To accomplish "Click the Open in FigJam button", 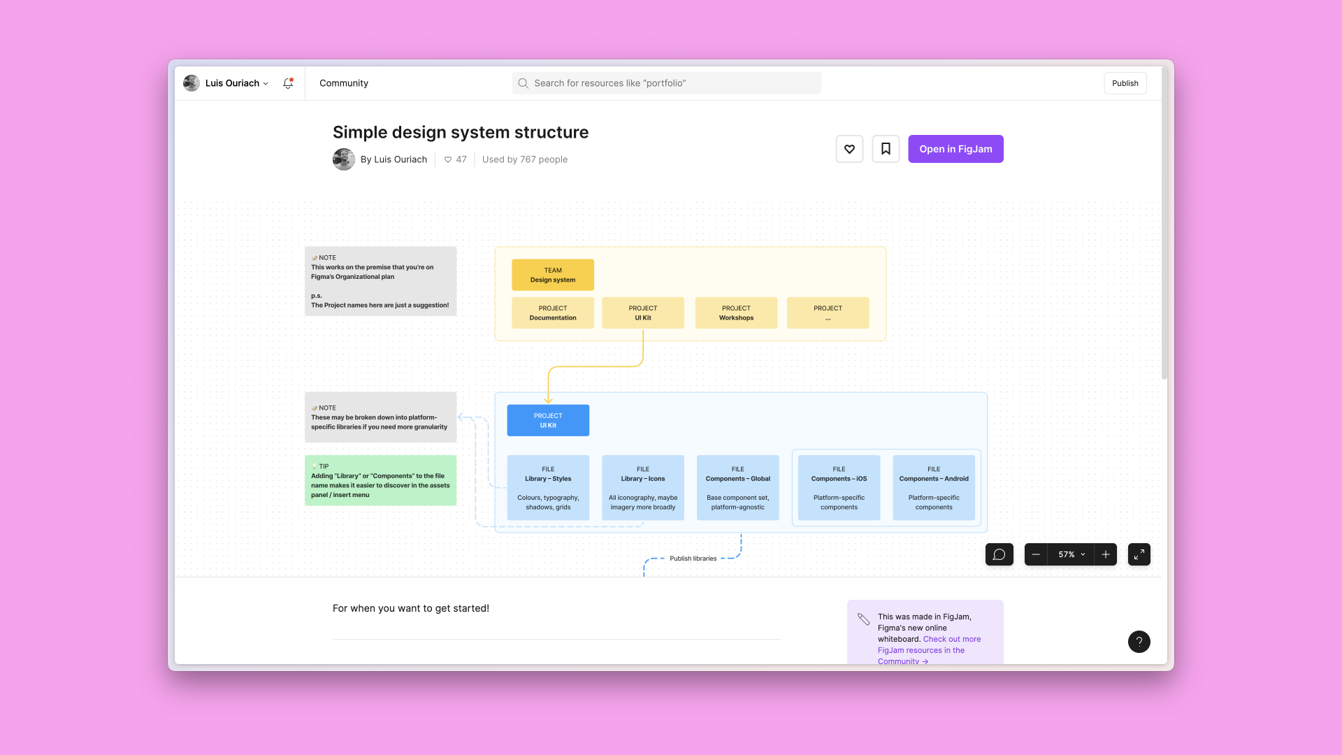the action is pos(955,149).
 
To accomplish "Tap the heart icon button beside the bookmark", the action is pos(849,149).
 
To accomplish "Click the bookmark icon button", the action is pos(886,149).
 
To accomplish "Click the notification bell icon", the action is pos(287,83).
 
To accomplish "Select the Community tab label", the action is pos(344,83).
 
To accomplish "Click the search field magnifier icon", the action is pos(523,83).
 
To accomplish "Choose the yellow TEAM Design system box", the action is pos(553,275).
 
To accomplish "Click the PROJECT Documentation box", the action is pos(553,312).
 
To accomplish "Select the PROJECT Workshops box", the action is pos(736,312).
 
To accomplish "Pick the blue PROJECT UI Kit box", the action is pos(548,420).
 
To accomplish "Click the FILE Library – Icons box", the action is pos(643,488).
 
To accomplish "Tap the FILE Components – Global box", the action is pos(737,488).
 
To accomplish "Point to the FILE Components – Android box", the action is pos(934,488).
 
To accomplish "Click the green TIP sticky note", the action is pos(380,480).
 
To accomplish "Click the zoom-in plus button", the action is pos(1106,554).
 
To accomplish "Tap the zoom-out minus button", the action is pos(1036,554).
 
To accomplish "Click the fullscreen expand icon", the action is pos(1139,554).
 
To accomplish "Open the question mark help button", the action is pos(1139,642).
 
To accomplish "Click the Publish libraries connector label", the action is pos(693,559).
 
